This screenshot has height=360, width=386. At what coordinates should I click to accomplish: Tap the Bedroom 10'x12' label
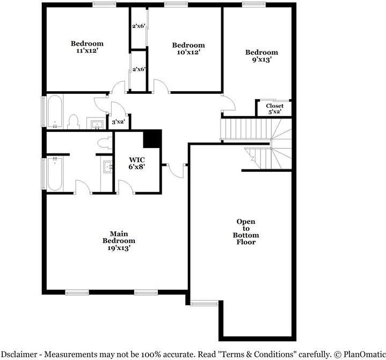(x=188, y=49)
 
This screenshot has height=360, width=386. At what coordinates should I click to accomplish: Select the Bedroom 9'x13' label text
(x=261, y=56)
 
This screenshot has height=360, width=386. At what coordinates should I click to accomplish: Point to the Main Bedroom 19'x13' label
(x=119, y=241)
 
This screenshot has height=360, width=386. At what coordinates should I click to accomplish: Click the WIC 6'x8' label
(x=136, y=163)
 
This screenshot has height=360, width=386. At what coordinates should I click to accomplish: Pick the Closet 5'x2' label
(x=274, y=109)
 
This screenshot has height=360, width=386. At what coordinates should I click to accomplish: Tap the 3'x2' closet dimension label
(x=118, y=122)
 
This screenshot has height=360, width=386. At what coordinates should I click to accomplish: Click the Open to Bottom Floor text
(x=246, y=232)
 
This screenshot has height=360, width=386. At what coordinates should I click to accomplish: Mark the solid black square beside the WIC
(x=152, y=138)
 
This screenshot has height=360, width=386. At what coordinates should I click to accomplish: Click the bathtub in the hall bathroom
(x=55, y=112)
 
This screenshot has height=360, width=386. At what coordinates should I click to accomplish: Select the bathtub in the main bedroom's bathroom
(x=54, y=173)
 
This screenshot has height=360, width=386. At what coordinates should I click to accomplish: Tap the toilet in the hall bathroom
(x=74, y=122)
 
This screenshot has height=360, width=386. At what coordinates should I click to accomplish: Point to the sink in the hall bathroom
(x=97, y=125)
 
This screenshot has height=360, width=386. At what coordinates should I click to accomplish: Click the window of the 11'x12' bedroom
(x=104, y=4)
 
